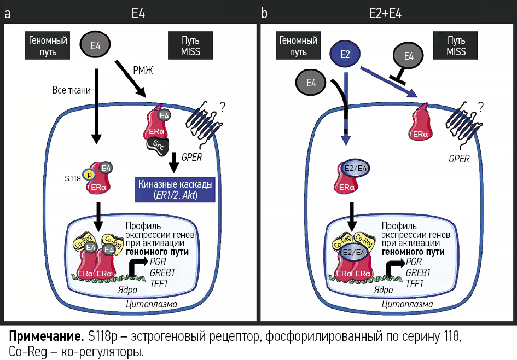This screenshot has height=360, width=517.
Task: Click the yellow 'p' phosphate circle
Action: (x=88, y=175)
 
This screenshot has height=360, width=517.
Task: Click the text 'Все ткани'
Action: (x=71, y=89)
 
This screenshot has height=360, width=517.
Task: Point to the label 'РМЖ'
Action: (x=144, y=69)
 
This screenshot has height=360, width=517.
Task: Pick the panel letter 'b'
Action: (x=264, y=13)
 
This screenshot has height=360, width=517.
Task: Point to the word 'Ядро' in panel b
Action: (x=384, y=289)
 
